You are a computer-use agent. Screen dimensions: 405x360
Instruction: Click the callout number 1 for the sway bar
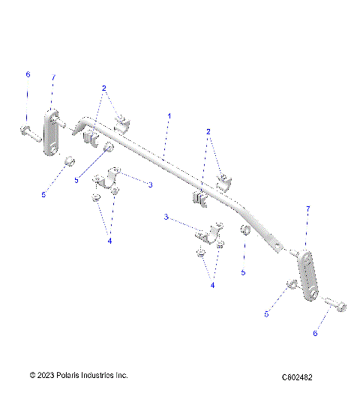click(x=169, y=116)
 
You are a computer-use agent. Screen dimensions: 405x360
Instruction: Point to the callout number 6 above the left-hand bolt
click(x=28, y=74)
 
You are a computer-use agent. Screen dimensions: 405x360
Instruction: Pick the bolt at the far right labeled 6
click(x=334, y=304)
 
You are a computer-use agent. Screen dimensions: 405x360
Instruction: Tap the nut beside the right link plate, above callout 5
click(x=290, y=285)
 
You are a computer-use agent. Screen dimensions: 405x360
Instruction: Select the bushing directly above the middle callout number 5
click(x=244, y=229)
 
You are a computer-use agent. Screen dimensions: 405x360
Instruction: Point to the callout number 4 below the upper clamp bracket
click(x=109, y=241)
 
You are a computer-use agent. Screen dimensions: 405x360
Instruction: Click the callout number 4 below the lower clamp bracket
click(x=213, y=284)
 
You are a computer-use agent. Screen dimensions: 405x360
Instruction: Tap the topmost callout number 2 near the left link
click(x=104, y=88)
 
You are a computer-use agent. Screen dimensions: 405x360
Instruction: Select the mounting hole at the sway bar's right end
click(x=279, y=245)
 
